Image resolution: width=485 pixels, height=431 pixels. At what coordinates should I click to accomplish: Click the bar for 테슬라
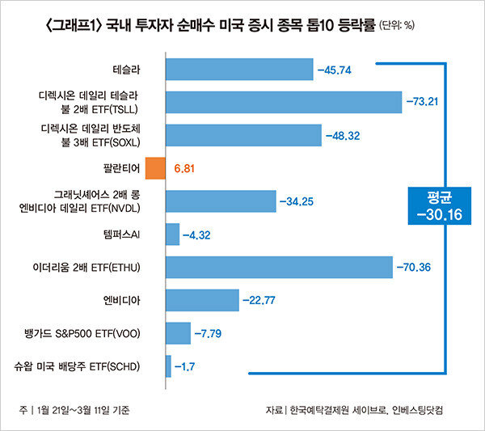(x=238, y=69)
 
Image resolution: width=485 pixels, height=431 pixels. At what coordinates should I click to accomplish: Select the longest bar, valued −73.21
(x=283, y=102)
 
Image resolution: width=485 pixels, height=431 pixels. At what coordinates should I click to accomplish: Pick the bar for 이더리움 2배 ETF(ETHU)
(x=279, y=267)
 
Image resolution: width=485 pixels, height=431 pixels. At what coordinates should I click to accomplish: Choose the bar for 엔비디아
(x=201, y=300)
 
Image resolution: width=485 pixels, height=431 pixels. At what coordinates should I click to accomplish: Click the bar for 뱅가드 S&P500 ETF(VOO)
(x=178, y=332)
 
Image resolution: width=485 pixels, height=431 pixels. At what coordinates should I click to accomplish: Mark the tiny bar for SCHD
(x=168, y=366)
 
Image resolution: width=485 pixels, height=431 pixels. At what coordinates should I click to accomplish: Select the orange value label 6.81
(x=185, y=169)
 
